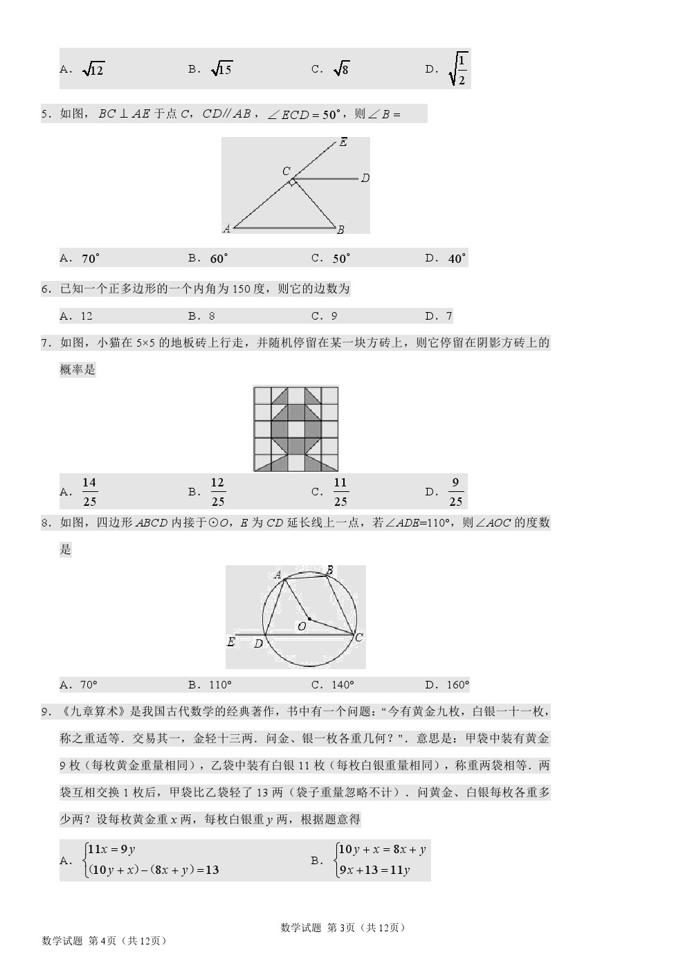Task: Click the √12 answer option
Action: pyautogui.click(x=93, y=69)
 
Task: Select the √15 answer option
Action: pyautogui.click(x=221, y=69)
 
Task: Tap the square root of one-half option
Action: pyautogui.click(x=458, y=69)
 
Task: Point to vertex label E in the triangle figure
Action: pyautogui.click(x=343, y=143)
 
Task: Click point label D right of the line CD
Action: pyautogui.click(x=365, y=178)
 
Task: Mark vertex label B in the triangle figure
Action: pyautogui.click(x=340, y=230)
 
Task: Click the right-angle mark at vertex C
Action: pyautogui.click(x=293, y=183)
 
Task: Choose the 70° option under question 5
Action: pyautogui.click(x=91, y=259)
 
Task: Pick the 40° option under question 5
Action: pyautogui.click(x=457, y=259)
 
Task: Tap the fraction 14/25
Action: pyautogui.click(x=89, y=492)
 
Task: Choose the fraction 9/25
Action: pyautogui.click(x=455, y=492)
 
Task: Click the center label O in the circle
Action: pyautogui.click(x=302, y=626)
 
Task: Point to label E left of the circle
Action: pyautogui.click(x=231, y=642)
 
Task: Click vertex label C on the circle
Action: pyautogui.click(x=358, y=637)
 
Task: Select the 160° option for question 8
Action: pyautogui.click(x=457, y=685)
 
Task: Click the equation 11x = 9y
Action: pyautogui.click(x=111, y=850)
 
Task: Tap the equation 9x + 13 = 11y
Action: pyautogui.click(x=374, y=870)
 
